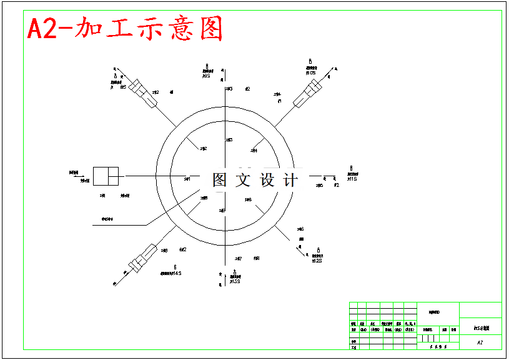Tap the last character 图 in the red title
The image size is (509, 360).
click(210, 29)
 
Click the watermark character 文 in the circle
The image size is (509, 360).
click(242, 181)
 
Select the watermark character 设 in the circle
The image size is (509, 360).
click(267, 181)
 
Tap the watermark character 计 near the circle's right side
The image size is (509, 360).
click(290, 181)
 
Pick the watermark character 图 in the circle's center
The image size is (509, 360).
click(219, 181)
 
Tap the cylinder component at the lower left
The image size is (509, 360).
click(142, 258)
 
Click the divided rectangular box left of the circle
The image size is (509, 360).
click(106, 176)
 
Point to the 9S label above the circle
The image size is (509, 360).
click(207, 76)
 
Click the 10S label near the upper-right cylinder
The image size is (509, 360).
click(310, 73)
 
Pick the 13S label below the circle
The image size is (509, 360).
click(234, 281)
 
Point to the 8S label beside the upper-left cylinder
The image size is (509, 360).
click(123, 87)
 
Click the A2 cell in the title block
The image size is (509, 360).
click(480, 342)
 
